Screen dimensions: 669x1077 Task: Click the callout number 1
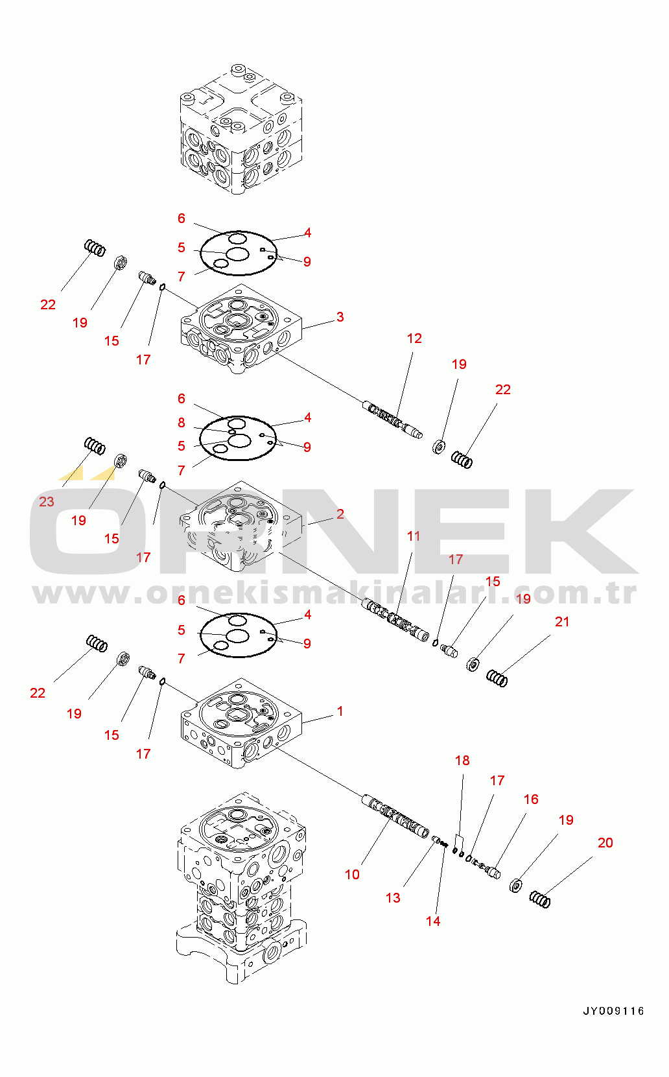coord(340,711)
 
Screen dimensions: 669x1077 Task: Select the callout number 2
coord(340,514)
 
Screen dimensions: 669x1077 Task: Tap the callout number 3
coord(340,317)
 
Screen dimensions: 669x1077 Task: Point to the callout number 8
coord(182,422)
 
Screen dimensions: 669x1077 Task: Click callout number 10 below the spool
coord(352,874)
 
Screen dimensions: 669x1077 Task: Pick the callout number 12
coord(414,338)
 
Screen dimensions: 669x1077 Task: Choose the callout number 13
coord(393,897)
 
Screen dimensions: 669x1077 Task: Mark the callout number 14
coord(433,921)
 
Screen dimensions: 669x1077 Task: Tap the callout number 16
coord(531,799)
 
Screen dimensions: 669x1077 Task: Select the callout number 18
coord(462,760)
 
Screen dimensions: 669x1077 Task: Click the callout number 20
coord(605,842)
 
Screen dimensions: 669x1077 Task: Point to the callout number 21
coord(562,622)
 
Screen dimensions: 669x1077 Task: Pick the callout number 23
coord(47,501)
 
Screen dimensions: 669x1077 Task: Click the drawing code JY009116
coord(613,1011)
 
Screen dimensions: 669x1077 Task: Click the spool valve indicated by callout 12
coord(393,420)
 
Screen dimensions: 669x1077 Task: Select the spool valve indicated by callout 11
coord(395,620)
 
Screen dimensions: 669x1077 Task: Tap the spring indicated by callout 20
coord(540,899)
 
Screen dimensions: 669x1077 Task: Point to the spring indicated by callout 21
coord(497,678)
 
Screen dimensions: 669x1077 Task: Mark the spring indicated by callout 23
coord(95,445)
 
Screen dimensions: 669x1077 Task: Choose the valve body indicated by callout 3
coord(241,329)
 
